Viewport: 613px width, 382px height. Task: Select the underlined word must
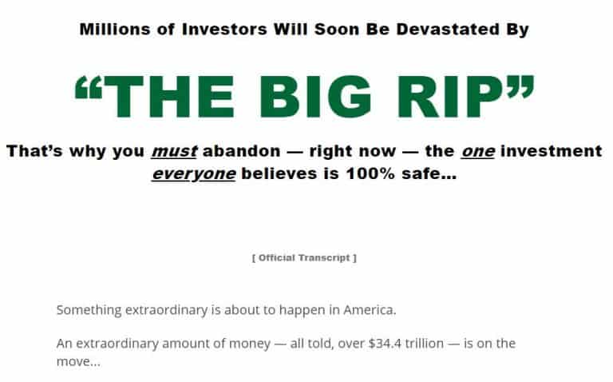click(x=174, y=151)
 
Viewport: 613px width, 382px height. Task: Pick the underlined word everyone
click(x=193, y=174)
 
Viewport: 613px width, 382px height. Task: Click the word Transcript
click(x=325, y=258)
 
